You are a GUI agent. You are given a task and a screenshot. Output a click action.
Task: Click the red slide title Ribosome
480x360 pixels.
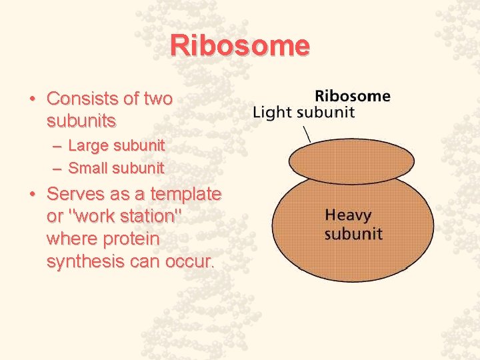pos(240,46)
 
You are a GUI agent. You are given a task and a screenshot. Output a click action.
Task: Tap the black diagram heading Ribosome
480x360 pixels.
pos(352,96)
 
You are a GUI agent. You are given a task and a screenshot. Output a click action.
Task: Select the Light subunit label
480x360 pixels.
pos(303,112)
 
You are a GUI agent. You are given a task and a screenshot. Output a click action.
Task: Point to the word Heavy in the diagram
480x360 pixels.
pos(348,216)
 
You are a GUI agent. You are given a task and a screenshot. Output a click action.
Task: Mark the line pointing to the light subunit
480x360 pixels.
pos(307,133)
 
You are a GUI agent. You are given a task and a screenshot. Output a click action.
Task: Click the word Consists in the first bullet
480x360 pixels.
pos(83,99)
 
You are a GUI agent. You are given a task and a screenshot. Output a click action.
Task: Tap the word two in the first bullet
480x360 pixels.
pos(158,99)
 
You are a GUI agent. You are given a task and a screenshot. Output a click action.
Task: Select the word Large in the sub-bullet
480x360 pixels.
pos(88,145)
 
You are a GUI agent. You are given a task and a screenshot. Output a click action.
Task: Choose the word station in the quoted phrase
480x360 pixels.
pos(143,217)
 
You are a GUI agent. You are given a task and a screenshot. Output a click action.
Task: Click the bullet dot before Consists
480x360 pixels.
pos(32,100)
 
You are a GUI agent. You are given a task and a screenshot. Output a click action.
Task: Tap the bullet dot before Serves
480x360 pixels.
pos(32,195)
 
